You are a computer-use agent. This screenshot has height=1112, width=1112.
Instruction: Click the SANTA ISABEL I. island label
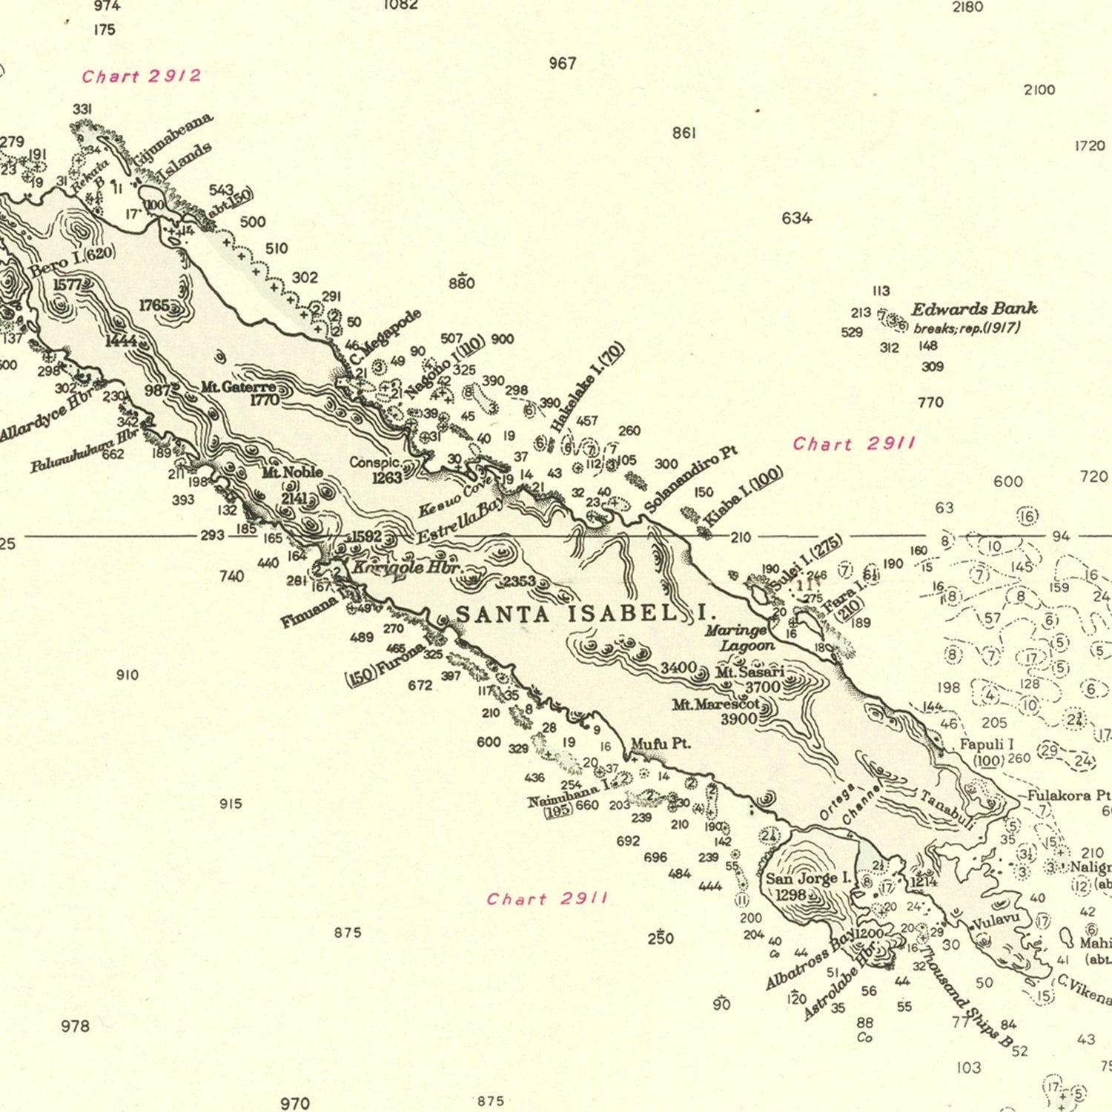pyautogui.click(x=585, y=614)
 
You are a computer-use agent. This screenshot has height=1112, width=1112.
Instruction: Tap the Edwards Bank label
pyautogui.click(x=973, y=309)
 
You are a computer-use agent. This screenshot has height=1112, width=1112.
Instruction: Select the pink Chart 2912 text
pyautogui.click(x=142, y=76)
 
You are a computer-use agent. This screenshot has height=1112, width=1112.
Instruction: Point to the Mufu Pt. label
pyautogui.click(x=661, y=744)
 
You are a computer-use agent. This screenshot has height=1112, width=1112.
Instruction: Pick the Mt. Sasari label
pyautogui.click(x=749, y=672)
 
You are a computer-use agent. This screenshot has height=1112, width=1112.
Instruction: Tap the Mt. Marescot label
pyautogui.click(x=716, y=704)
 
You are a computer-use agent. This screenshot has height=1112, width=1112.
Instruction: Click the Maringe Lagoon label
pyautogui.click(x=738, y=638)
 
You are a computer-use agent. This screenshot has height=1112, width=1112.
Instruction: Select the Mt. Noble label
pyautogui.click(x=292, y=471)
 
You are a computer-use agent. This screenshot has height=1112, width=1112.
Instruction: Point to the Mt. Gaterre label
pyautogui.click(x=238, y=387)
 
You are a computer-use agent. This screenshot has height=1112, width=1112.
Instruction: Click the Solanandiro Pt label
pyautogui.click(x=691, y=479)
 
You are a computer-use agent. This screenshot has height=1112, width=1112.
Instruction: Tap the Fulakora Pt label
pyautogui.click(x=1068, y=795)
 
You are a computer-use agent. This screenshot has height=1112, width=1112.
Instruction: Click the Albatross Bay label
pyautogui.click(x=810, y=960)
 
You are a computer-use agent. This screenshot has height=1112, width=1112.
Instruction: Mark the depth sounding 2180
pyautogui.click(x=967, y=7)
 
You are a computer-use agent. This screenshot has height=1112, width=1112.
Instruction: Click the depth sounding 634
pyautogui.click(x=796, y=218)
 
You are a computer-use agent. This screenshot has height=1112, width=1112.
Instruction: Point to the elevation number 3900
pyautogui.click(x=738, y=718)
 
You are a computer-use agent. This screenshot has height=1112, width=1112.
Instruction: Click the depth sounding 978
pyautogui.click(x=75, y=1026)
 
